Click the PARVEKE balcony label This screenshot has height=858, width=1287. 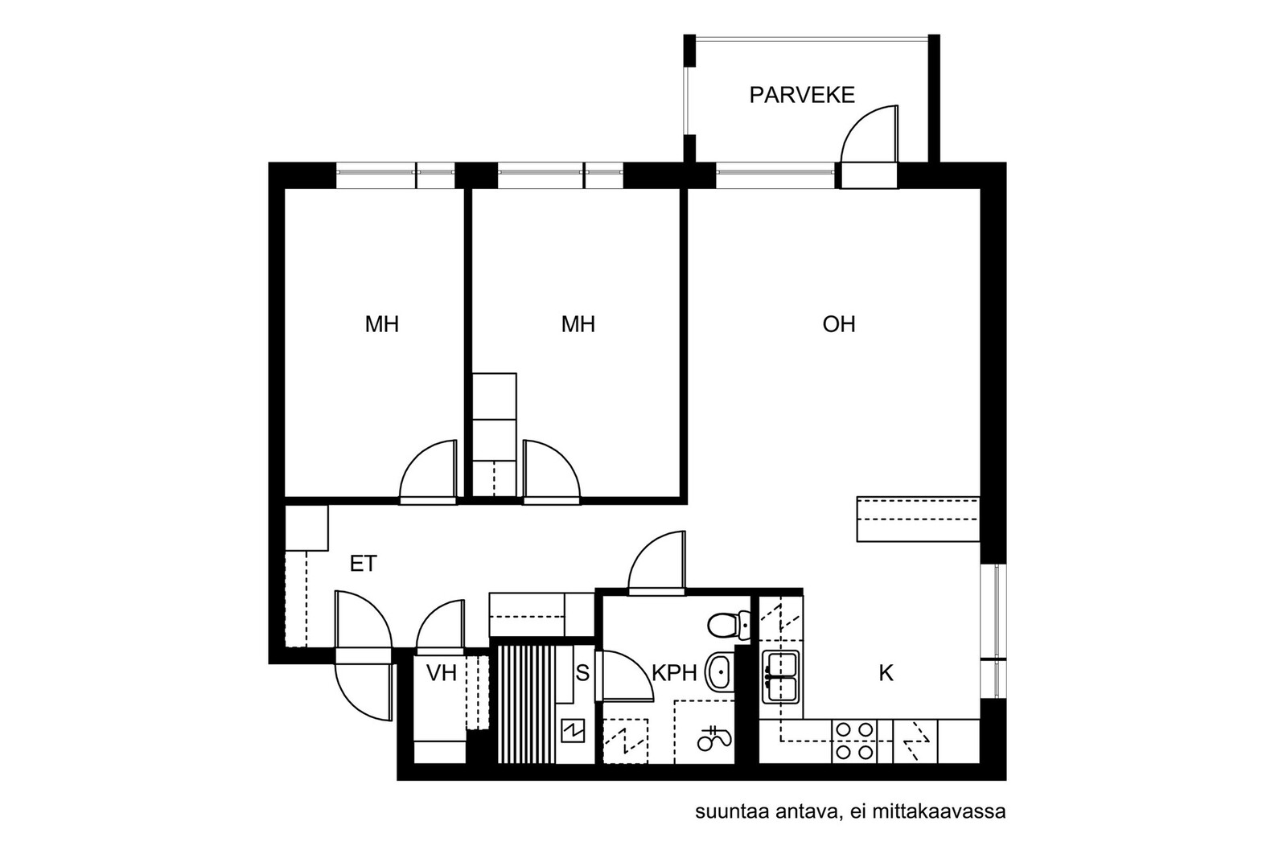click(x=801, y=95)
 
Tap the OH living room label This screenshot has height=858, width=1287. click(x=838, y=325)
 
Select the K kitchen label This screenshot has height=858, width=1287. click(x=886, y=673)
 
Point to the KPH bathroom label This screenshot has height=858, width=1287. click(x=674, y=672)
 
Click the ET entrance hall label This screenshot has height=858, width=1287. click(x=363, y=564)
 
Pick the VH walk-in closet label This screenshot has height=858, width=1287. click(x=442, y=672)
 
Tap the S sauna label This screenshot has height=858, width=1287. click(x=582, y=672)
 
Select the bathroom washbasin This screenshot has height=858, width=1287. click(x=719, y=671)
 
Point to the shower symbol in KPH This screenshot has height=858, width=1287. click(x=714, y=739)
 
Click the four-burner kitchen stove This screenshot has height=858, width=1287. click(x=853, y=741)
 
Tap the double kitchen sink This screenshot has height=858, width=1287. click(x=780, y=677)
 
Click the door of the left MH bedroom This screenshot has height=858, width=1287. click(x=428, y=471)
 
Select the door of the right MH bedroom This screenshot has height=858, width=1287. click(x=552, y=471)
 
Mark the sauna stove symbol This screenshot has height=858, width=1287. click(x=572, y=731)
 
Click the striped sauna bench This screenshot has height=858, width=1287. click(x=527, y=704)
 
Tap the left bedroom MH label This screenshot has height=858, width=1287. click(x=381, y=325)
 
